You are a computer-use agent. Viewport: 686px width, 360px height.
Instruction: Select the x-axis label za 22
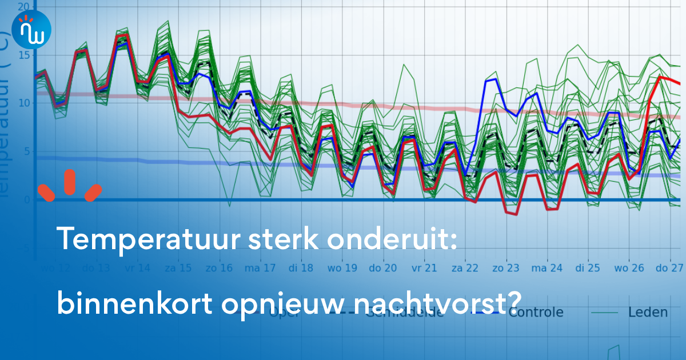coord(464,268)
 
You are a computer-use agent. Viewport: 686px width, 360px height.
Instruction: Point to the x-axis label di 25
coord(588,268)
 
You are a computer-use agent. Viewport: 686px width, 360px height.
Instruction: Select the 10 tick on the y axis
coord(23,103)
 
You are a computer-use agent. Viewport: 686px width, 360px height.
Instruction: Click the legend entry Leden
coord(648,312)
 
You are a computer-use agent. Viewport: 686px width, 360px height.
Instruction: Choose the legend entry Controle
coord(536,312)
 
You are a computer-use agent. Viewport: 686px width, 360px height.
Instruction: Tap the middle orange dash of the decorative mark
coord(70,182)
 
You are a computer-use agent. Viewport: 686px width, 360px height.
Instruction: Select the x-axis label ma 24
coord(547,268)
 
